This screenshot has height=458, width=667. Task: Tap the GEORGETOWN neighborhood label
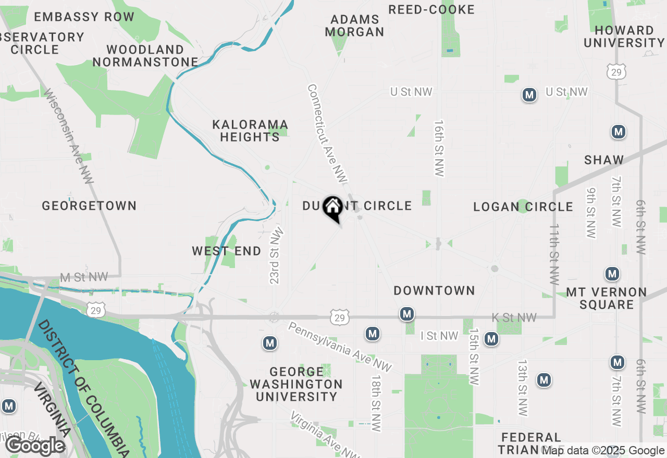point(89,206)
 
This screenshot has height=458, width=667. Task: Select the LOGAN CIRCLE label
point(523,207)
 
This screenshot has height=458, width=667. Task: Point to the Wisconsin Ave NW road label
point(68,136)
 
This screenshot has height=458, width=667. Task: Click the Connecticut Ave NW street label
point(327,134)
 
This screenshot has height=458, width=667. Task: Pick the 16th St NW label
point(439,148)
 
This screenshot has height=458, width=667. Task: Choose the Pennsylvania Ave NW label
point(339,347)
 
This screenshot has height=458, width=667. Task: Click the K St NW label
point(514,317)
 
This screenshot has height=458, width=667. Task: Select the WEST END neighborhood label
point(227,251)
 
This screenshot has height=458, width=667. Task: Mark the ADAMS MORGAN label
point(355,26)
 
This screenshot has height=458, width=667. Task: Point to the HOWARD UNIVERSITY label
point(624,36)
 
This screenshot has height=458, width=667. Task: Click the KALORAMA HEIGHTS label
point(250,131)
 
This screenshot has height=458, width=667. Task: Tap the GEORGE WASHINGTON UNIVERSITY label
point(296,384)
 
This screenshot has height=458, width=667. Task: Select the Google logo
point(35,446)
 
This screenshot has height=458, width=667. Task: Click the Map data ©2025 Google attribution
point(603,451)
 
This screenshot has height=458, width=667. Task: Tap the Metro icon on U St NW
point(529,95)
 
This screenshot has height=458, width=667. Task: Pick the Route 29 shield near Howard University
point(616,72)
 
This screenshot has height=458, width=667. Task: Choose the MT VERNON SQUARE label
point(606,298)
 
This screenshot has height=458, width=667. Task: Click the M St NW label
point(84,277)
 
